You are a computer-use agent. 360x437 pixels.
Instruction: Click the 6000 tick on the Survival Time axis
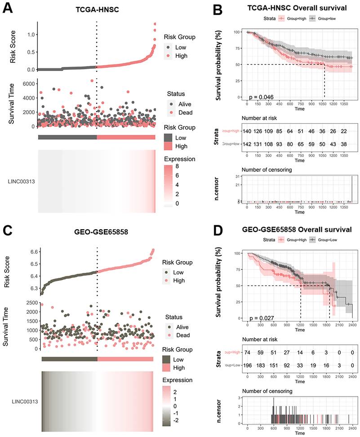tap(28, 84)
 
